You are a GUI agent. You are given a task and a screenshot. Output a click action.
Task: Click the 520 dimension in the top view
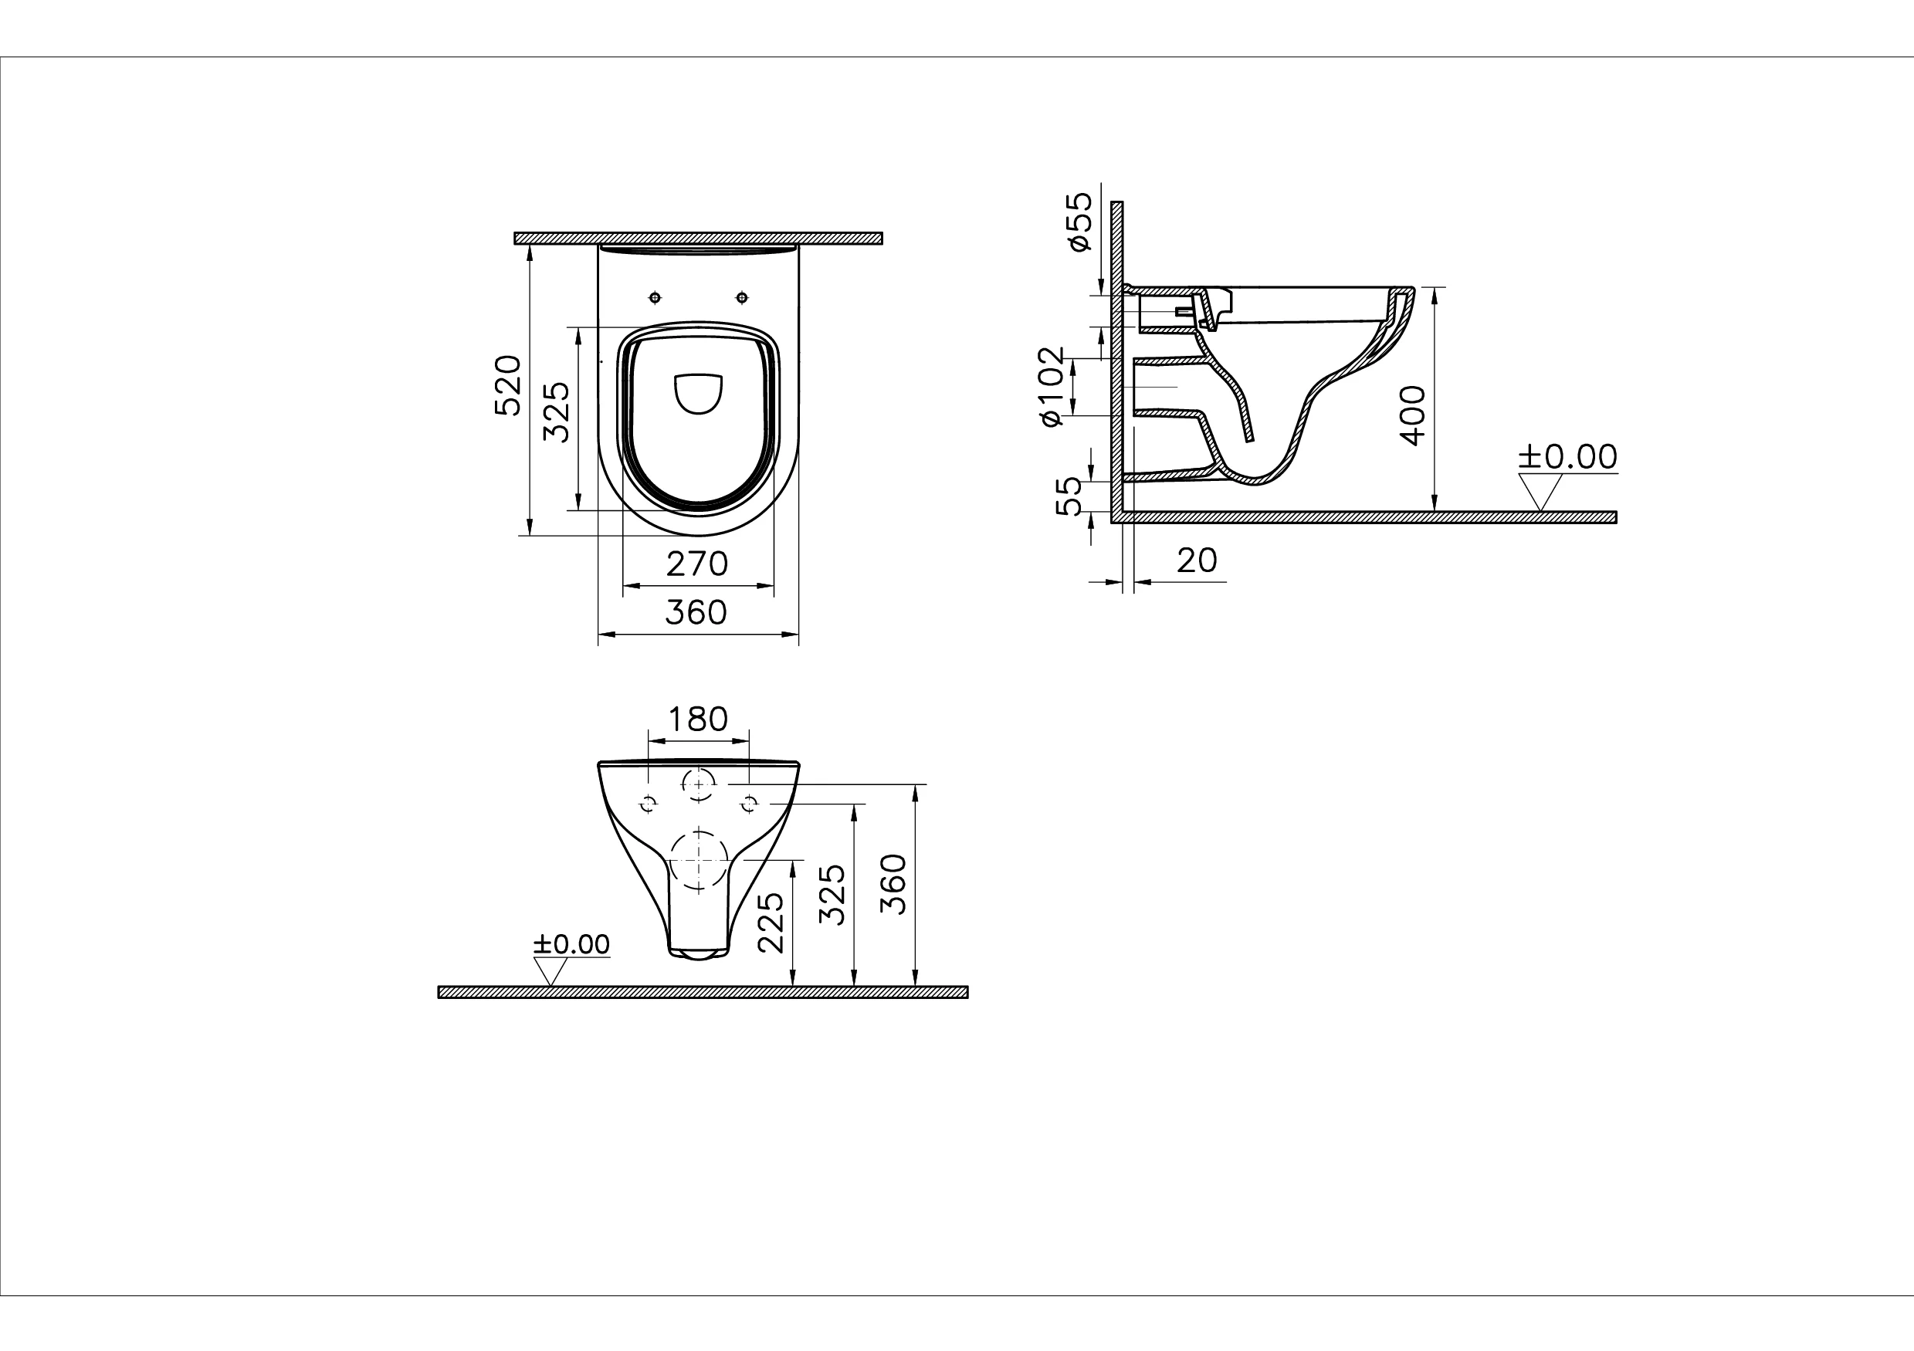point(508,385)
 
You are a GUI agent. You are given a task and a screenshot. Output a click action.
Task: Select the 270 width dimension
point(697,564)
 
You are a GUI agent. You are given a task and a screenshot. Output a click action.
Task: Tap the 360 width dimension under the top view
point(696,612)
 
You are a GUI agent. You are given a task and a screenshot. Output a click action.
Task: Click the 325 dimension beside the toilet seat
point(556,411)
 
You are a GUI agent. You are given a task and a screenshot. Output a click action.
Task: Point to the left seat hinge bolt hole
point(656,297)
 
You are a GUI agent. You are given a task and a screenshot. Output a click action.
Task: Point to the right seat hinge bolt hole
point(742,297)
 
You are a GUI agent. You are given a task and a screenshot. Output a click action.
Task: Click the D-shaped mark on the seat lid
point(698,394)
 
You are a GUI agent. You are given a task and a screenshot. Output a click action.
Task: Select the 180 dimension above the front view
point(699,719)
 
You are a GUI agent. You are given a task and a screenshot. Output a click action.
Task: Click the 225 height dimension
point(771,923)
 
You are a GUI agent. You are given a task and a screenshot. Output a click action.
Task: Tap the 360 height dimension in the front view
point(893,884)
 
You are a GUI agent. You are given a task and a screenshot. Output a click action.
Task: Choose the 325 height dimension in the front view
point(833,894)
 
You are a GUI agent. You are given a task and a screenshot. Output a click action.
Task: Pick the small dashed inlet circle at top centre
point(699,784)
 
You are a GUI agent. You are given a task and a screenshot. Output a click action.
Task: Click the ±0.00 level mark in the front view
point(572,944)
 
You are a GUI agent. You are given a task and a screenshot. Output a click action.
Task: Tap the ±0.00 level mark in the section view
point(1567,457)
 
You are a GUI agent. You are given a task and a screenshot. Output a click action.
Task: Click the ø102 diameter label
point(1052,388)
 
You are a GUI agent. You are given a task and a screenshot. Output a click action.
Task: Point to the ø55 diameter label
point(1079,222)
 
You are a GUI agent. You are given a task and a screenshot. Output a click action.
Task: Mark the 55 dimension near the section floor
point(1069,496)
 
